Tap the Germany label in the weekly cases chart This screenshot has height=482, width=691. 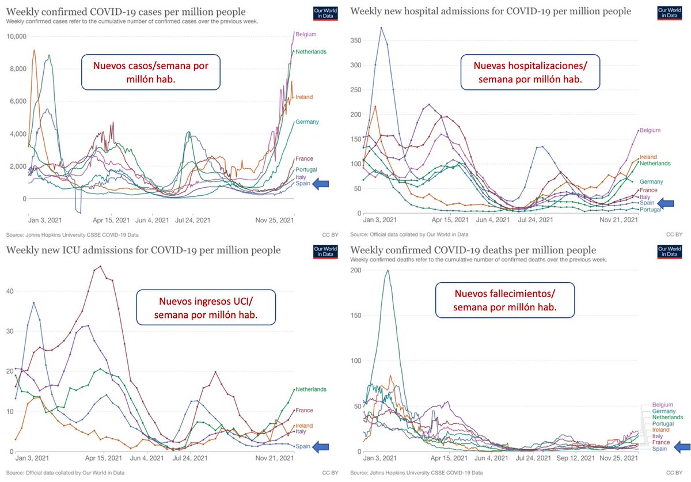(307, 122)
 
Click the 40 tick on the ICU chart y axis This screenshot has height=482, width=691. (11, 291)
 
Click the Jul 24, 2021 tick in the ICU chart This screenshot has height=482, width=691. (191, 458)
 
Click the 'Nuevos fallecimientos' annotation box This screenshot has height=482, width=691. (504, 300)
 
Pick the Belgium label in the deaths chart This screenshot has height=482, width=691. (662, 405)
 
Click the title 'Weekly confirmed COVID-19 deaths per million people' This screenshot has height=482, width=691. (473, 250)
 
